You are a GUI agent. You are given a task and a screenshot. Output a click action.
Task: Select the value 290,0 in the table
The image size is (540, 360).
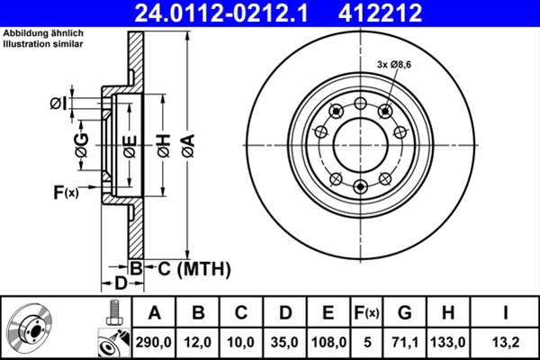click(154, 342)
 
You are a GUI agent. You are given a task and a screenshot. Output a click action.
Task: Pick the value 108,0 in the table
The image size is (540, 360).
click(328, 342)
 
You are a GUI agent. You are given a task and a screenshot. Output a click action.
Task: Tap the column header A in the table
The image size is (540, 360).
click(154, 313)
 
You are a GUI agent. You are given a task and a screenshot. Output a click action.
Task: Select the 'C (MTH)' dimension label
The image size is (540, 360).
click(189, 268)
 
